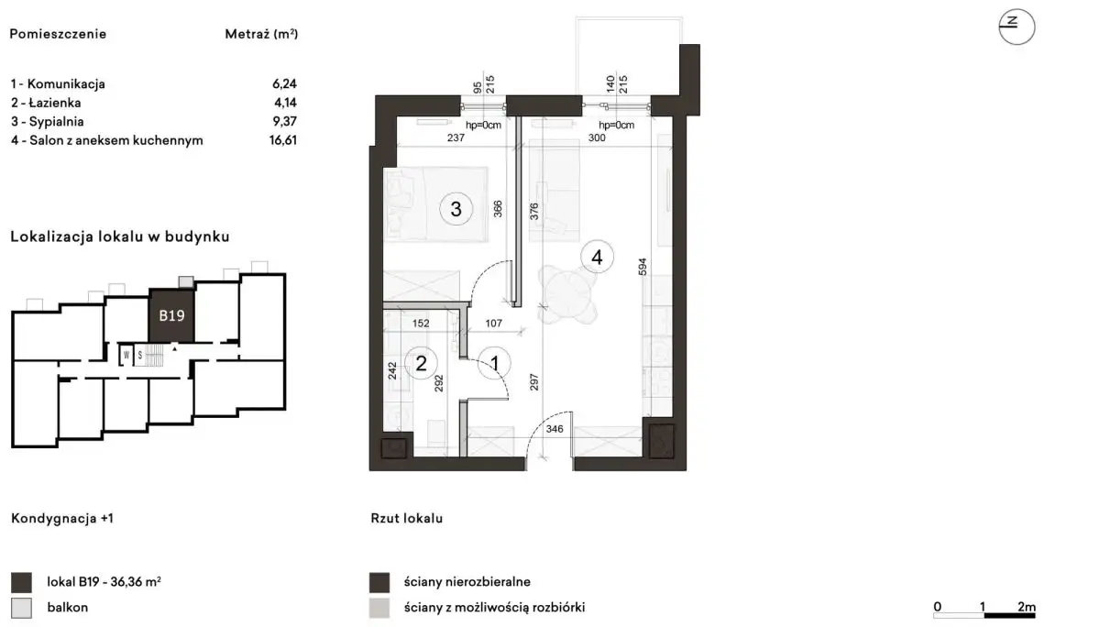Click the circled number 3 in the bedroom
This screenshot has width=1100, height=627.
coord(456,209)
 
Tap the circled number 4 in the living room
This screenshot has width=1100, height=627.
coord(597,257)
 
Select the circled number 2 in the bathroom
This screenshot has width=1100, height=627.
coord(421,363)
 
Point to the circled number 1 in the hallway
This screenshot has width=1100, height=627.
coord(494,363)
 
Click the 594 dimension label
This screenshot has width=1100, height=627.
coord(643,267)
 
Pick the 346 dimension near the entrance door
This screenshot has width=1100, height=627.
coord(555,429)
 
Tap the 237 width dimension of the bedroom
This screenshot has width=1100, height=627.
coord(456,138)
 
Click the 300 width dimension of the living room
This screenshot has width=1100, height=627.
coord(597,138)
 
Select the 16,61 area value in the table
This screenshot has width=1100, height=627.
coord(283,140)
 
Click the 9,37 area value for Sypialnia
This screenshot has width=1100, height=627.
coord(285,121)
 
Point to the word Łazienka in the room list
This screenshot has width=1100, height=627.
coord(55,103)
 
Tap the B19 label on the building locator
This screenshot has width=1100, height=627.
coord(171,315)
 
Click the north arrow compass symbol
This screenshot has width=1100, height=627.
coord(1017,27)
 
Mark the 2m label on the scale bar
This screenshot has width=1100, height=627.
coord(1027,607)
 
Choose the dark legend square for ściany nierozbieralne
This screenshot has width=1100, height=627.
coord(379,582)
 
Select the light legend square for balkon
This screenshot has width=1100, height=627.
coord(21,608)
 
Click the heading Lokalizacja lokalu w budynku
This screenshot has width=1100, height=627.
coord(120,236)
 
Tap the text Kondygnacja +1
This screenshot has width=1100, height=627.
coord(62,519)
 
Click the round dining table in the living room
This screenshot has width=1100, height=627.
coord(568,295)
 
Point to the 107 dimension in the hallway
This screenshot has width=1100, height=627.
coord(493,323)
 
